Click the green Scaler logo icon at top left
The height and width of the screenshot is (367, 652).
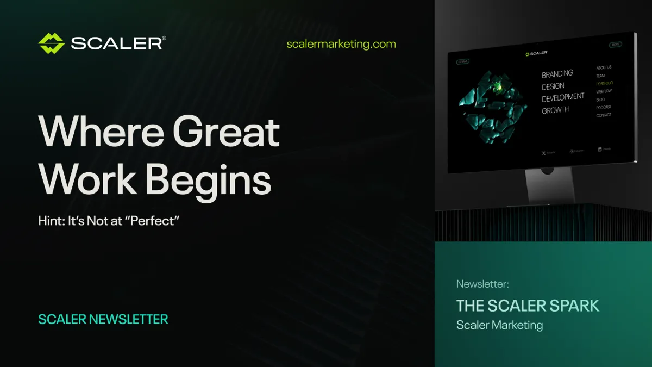coord(51,43)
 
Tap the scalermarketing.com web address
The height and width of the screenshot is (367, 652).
coord(341,44)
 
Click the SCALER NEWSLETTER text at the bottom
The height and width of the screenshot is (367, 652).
coord(103,319)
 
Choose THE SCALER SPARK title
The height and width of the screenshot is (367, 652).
coord(528,306)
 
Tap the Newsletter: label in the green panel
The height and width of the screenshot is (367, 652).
coord(482,284)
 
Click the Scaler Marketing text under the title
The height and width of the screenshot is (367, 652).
coord(499,325)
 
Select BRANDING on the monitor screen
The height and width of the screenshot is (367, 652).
coord(557,73)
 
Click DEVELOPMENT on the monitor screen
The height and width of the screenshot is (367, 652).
coord(563,97)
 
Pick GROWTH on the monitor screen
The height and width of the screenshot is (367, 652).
coord(555,110)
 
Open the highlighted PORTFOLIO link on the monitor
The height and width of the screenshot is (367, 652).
coord(604,83)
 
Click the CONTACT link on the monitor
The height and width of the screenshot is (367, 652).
coord(604,115)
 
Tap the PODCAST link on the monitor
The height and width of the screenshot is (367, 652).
coord(604,107)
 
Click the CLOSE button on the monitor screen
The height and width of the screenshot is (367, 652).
coord(615,45)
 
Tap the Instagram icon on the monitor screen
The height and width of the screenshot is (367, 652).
coord(572,151)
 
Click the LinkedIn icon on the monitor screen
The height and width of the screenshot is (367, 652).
coord(600,149)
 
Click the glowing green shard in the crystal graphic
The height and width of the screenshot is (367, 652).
coord(497,85)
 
